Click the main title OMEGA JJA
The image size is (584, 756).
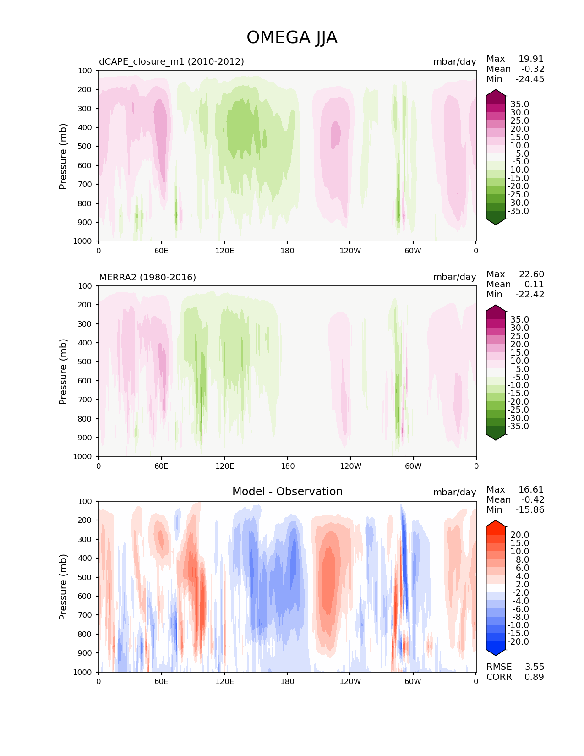click(292, 38)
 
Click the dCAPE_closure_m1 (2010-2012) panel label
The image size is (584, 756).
click(171, 61)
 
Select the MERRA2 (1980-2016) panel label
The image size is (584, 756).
click(147, 277)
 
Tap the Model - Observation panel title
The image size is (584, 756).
click(287, 492)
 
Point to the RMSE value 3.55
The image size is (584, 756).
click(534, 667)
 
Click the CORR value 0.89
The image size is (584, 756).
click(534, 677)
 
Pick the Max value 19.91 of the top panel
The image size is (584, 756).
click(531, 59)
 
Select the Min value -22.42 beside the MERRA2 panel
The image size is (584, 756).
click(530, 294)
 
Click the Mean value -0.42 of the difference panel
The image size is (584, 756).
click(533, 499)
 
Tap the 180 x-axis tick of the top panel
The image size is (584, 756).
click(287, 251)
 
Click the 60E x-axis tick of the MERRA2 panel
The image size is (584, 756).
click(161, 466)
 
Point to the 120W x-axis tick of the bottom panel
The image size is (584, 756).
click(350, 681)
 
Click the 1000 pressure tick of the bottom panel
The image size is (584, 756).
click(83, 672)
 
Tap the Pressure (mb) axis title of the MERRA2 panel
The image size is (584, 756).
click(63, 371)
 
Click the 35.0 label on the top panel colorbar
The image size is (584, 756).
click(519, 104)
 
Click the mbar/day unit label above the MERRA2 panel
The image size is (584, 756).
click(454, 277)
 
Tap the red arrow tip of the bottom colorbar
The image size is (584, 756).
click(496, 524)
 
